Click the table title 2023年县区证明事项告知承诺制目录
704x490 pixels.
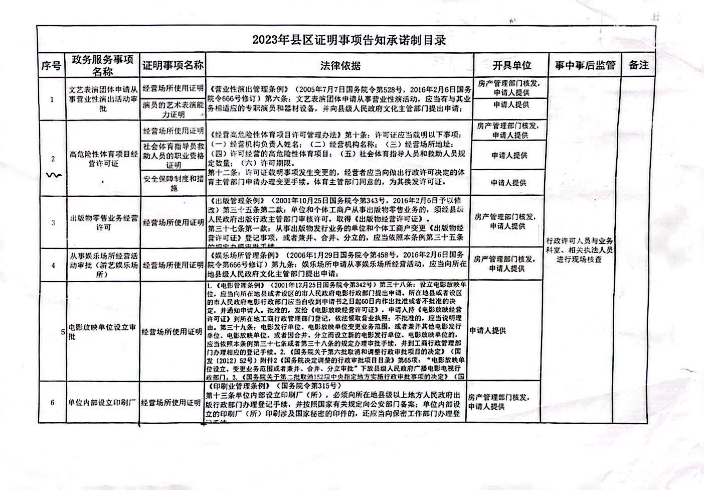[x=349, y=40]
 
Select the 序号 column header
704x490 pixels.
[x=51, y=66]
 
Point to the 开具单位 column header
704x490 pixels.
[x=511, y=65]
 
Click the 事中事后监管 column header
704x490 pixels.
[x=585, y=65]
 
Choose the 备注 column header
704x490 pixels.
[x=638, y=65]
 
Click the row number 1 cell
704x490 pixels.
[x=53, y=99]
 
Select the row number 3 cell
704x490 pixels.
[x=53, y=223]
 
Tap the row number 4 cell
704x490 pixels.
[x=53, y=265]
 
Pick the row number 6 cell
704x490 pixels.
[x=53, y=403]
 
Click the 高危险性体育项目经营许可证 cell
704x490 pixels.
[x=103, y=159]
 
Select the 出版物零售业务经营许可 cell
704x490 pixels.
[x=103, y=223]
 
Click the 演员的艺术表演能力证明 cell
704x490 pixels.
[x=172, y=109]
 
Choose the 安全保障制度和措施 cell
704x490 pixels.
[x=172, y=184]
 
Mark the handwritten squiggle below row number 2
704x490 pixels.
[x=54, y=175]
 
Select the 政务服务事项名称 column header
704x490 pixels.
[x=103, y=66]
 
